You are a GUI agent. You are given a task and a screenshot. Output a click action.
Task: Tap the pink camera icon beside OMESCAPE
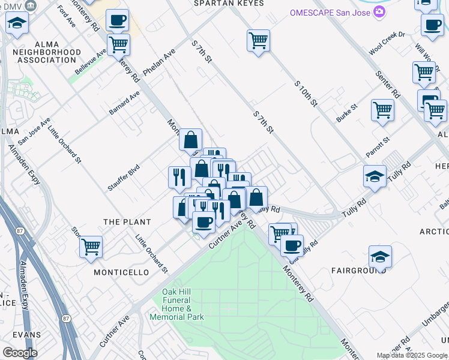(379, 12)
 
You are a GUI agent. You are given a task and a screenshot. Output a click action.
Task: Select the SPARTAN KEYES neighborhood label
(229, 4)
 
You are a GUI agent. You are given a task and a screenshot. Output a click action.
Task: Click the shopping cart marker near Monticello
(91, 246)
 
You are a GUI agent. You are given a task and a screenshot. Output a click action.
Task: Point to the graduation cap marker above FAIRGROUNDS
(380, 256)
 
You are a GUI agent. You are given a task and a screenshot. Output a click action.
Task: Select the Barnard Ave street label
(124, 104)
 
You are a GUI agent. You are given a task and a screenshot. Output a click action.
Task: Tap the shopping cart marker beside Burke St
(382, 110)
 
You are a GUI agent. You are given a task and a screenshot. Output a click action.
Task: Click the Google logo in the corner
(20, 353)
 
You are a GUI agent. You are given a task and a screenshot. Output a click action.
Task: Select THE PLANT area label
(127, 222)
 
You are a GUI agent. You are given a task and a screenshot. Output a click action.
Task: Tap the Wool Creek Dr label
(387, 44)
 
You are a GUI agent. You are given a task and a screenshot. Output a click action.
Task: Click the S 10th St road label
(306, 94)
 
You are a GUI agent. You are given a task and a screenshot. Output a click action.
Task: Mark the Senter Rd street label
(388, 83)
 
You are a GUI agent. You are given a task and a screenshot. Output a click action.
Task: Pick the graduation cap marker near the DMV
(17, 23)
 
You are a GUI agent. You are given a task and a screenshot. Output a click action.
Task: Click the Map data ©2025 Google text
(412, 355)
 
